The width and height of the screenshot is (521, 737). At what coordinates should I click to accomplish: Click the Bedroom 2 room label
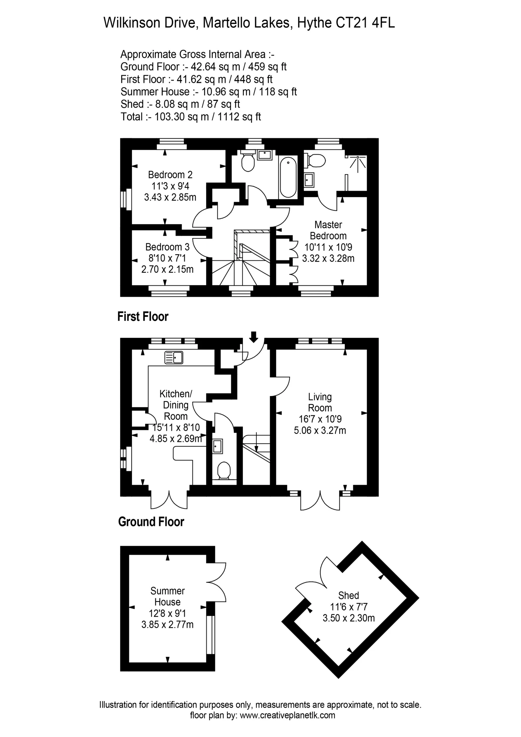pos(170,175)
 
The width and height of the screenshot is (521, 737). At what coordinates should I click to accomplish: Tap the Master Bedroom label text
pos(328,230)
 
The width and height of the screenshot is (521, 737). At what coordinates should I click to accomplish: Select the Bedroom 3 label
pos(167,247)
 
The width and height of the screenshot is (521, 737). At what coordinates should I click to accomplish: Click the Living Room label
pos(320,402)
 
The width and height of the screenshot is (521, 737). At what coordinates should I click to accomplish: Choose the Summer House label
pos(167,596)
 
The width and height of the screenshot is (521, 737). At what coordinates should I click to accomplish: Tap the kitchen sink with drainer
pos(174,358)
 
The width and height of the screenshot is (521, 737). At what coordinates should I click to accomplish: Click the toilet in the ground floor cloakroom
pos(224,471)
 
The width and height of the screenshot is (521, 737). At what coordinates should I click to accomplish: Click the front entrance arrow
pos(254,337)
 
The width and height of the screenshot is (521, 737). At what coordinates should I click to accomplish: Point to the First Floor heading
pos(143,317)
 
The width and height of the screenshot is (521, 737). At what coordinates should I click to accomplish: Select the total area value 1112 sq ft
pos(239,117)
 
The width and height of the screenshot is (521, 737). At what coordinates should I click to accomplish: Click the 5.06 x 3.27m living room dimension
pos(320,430)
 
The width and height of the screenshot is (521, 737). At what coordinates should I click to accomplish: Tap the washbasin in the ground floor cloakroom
pos(218,446)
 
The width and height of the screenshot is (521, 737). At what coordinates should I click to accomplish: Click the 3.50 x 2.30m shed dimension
pos(348,618)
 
